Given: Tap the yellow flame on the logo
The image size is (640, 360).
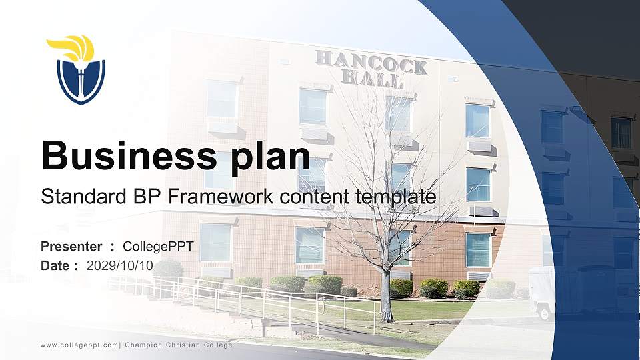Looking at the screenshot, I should click(x=72, y=47).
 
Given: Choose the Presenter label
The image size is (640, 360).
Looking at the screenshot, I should click(x=71, y=247).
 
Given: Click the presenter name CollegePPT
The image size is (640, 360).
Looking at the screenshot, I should click(x=158, y=247).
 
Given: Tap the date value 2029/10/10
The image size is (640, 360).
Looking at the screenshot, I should click(x=120, y=265).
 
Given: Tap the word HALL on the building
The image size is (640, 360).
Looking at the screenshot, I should click(x=371, y=79).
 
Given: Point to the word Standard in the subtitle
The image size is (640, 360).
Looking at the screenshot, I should click(x=75, y=197).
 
